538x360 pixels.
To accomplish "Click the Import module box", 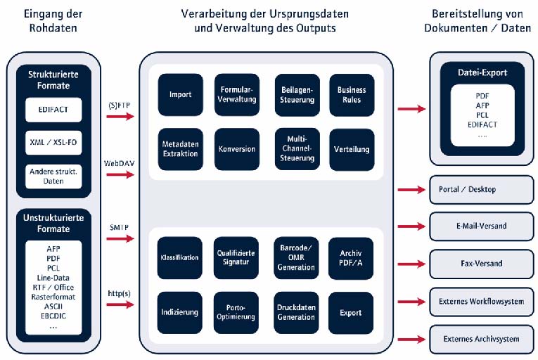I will (180, 95).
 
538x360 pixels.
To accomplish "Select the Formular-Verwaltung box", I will (237, 95).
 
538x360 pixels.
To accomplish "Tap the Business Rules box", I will (351, 95).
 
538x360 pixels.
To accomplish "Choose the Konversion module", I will (237, 148).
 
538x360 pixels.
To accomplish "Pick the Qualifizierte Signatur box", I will (237, 258).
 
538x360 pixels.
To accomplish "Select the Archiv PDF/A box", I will (351, 258).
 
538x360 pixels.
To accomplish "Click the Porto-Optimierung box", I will (237, 311).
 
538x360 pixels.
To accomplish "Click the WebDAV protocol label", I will (119, 162).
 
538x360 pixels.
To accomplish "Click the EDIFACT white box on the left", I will (54, 110).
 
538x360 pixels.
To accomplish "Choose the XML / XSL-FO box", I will (54, 142).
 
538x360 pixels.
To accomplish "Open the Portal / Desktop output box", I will (482, 189).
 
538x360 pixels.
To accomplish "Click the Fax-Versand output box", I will (482, 264).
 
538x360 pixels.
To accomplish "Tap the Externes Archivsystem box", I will (482, 339).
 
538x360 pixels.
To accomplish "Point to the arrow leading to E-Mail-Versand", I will (411, 226).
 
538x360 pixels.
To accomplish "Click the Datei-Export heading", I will (482, 72).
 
